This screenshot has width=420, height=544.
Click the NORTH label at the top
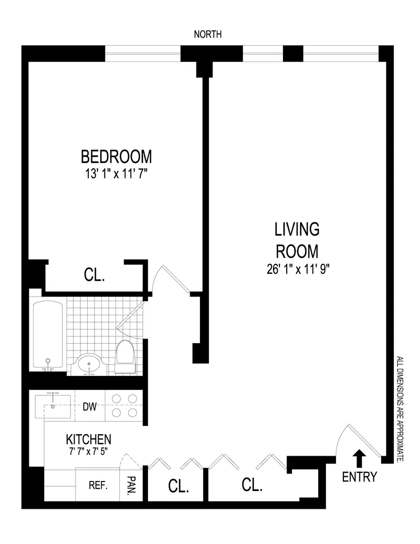tap(208, 35)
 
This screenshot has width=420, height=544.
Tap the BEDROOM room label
tap(116, 157)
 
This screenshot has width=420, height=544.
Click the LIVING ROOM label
tap(297, 239)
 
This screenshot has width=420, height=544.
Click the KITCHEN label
tap(88, 439)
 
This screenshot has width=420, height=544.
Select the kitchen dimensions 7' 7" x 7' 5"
tap(88, 451)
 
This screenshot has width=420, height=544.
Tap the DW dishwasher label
tap(90, 406)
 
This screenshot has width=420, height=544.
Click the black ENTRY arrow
tap(360, 458)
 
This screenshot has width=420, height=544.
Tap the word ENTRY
tap(360, 477)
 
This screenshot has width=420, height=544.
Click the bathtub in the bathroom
tap(48, 334)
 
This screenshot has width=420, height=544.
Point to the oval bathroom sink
tap(90, 363)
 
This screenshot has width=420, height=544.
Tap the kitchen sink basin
tap(54, 406)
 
